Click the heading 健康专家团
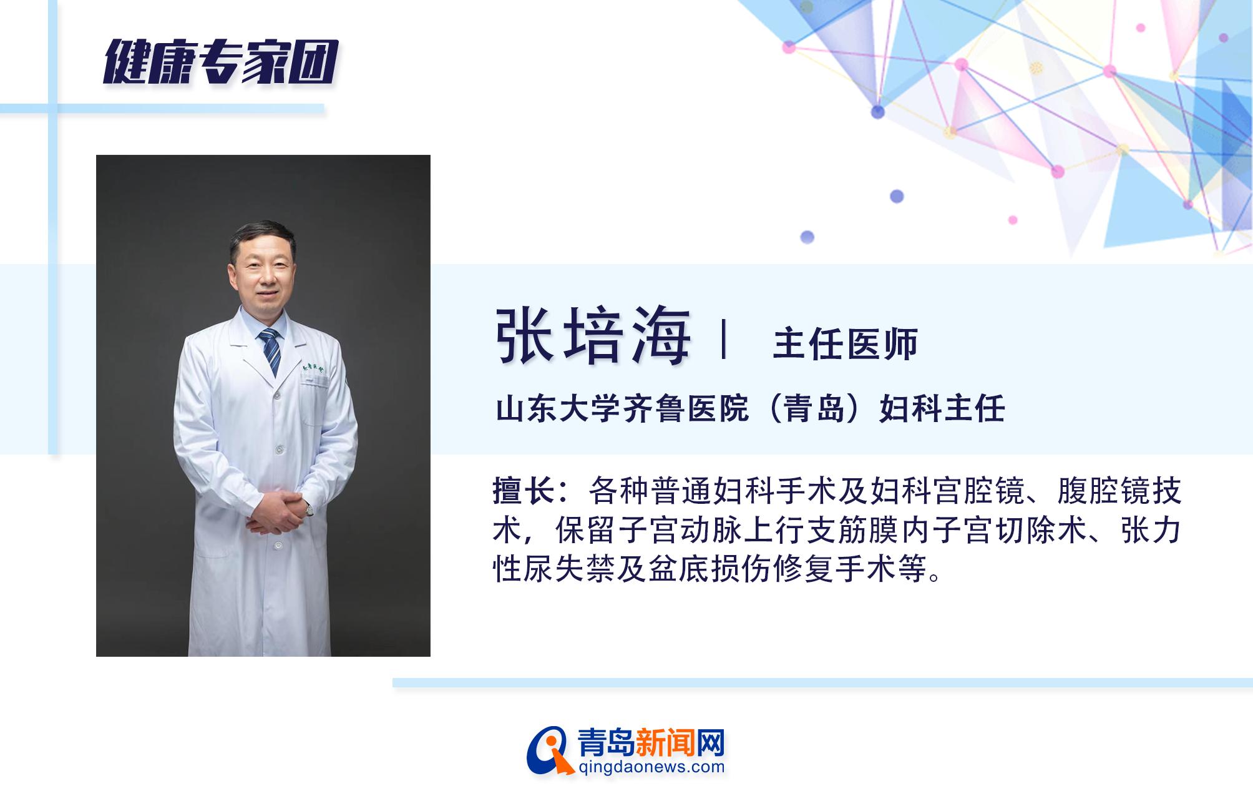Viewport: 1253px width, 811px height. [220, 62]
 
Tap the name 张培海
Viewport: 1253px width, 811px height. [593, 337]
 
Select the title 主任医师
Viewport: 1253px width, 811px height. [845, 345]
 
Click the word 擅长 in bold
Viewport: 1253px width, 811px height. [523, 491]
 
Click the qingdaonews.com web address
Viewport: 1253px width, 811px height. [651, 767]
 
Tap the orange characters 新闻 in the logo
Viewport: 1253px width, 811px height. [661, 743]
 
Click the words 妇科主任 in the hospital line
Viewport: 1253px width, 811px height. [942, 410]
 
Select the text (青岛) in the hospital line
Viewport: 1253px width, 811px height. [814, 410]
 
